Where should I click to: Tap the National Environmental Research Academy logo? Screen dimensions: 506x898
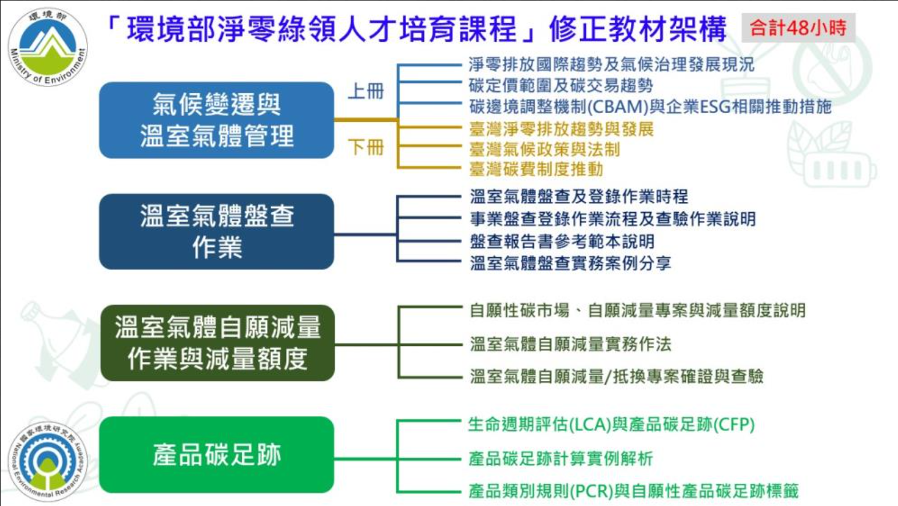click(x=47, y=461)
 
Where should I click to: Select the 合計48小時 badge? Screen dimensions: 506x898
click(x=798, y=27)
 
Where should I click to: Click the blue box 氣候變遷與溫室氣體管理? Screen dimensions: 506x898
click(x=216, y=120)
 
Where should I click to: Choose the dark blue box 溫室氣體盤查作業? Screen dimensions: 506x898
click(x=216, y=232)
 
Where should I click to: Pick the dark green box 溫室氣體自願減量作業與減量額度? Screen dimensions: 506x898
click(x=217, y=343)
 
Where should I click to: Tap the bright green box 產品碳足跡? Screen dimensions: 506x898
click(x=216, y=455)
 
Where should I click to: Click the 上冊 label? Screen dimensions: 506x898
click(x=365, y=91)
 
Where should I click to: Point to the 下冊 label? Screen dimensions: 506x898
click(x=365, y=148)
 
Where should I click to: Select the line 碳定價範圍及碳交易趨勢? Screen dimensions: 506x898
click(x=561, y=86)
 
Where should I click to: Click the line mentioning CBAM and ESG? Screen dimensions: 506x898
click(x=650, y=107)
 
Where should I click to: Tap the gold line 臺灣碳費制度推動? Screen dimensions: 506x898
click(x=536, y=169)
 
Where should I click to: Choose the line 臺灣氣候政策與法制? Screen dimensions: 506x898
click(x=545, y=150)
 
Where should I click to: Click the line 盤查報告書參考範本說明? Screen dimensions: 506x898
click(x=562, y=241)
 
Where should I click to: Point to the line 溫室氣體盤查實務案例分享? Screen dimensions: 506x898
click(x=570, y=263)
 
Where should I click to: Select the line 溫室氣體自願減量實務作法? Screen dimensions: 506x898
click(x=570, y=344)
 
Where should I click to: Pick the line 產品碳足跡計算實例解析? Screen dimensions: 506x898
click(x=561, y=459)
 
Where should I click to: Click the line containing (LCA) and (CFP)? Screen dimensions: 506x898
click(x=611, y=425)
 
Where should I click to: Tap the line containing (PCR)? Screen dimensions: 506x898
click(x=633, y=491)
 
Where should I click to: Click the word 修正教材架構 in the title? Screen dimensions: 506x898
click(x=637, y=29)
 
